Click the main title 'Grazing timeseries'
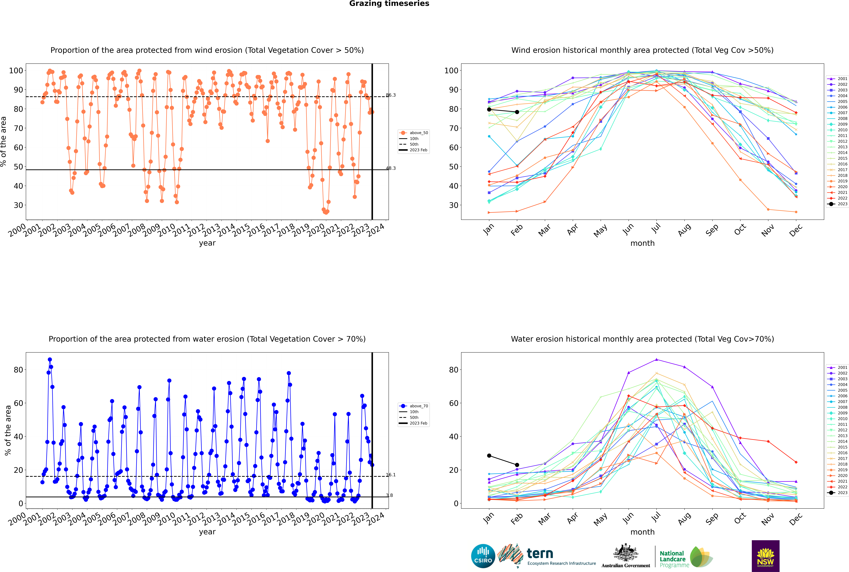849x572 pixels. click(x=389, y=4)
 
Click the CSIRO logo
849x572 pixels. click(x=483, y=556)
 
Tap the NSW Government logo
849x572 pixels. click(x=765, y=556)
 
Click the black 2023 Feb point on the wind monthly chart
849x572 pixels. click(x=517, y=112)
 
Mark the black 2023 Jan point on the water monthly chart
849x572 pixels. click(x=489, y=456)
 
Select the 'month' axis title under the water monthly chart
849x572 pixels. click(x=642, y=532)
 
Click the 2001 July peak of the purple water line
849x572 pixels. click(x=656, y=359)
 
